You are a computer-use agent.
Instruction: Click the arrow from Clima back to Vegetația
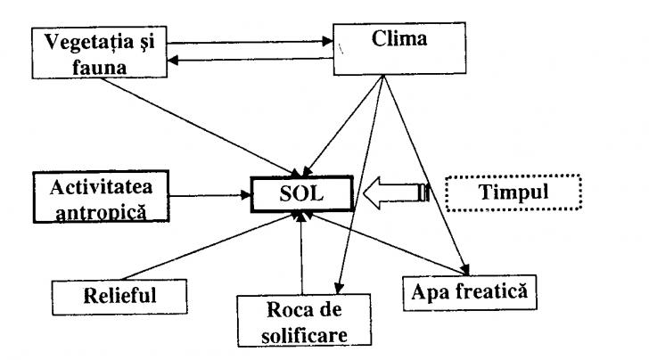pyautogui.click(x=254, y=61)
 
